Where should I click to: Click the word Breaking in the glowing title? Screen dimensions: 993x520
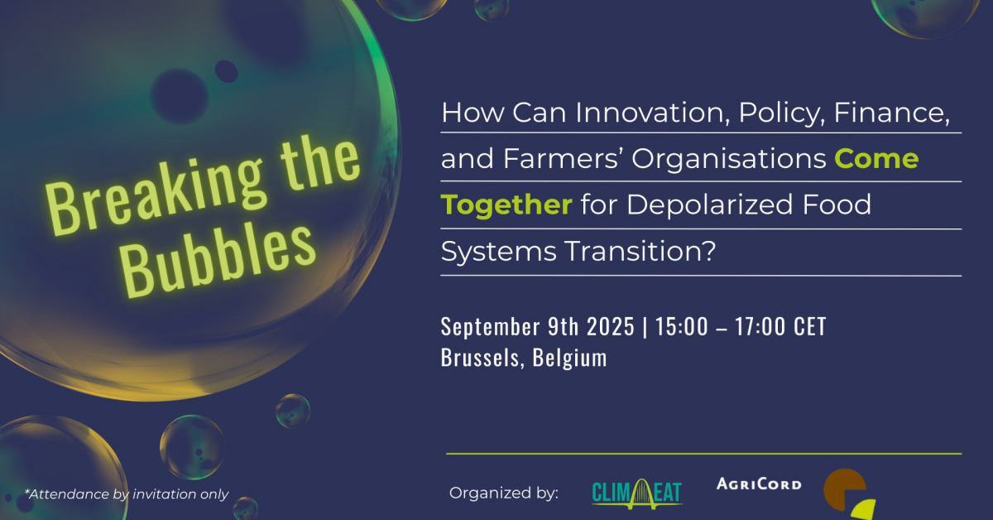[x=156, y=195]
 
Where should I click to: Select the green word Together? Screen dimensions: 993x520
[x=506, y=205]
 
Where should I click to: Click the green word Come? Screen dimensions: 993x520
[x=876, y=159]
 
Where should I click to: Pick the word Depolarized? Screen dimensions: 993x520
[x=709, y=205]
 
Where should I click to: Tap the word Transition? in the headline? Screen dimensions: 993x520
[x=641, y=251]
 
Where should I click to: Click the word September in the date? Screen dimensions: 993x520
[x=490, y=327]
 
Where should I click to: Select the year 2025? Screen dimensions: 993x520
[x=611, y=326]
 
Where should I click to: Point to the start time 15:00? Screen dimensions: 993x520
[x=682, y=326]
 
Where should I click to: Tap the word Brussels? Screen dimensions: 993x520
[x=482, y=358]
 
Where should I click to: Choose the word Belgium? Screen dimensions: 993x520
[x=569, y=358]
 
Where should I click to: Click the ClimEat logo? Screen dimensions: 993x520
[x=637, y=494]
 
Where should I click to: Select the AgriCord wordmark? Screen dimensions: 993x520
[x=759, y=484]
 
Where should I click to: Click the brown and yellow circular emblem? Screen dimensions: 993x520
[x=849, y=494]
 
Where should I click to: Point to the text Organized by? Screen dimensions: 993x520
[x=504, y=493]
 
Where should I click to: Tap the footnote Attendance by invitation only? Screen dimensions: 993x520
[x=127, y=494]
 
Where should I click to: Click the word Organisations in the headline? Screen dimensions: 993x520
[x=729, y=159]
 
